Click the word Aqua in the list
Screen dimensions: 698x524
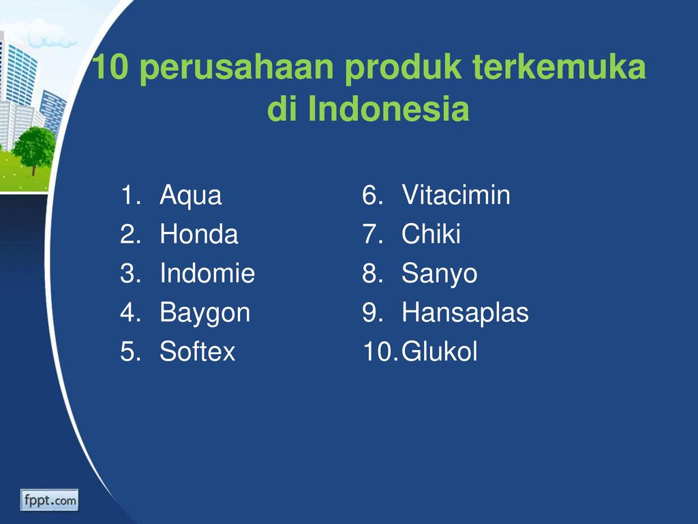pyautogui.click(x=191, y=196)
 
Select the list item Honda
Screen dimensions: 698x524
pyautogui.click(x=199, y=234)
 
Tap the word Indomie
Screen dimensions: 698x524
pyautogui.click(x=207, y=273)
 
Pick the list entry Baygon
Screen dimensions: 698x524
pyautogui.click(x=204, y=313)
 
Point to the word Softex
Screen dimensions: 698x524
pyautogui.click(x=197, y=351)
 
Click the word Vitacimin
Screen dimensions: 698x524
pyautogui.click(x=456, y=194)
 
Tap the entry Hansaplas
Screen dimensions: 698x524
pyautogui.click(x=465, y=313)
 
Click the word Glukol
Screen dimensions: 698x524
pyautogui.click(x=440, y=351)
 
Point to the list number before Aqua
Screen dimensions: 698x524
pyautogui.click(x=130, y=195)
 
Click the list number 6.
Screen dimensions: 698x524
pyautogui.click(x=373, y=195)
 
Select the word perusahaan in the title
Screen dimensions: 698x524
pyautogui.click(x=237, y=68)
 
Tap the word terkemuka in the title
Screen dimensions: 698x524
pyautogui.click(x=559, y=67)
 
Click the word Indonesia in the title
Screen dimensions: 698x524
pyautogui.click(x=388, y=108)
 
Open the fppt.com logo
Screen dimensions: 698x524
pyautogui.click(x=49, y=500)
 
